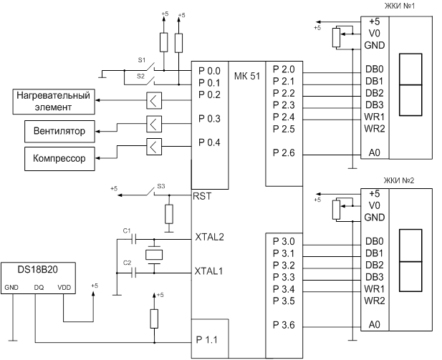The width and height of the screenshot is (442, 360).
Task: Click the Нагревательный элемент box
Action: [53, 101]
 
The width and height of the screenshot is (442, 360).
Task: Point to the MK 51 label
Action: [247, 76]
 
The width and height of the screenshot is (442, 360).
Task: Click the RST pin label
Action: [203, 195]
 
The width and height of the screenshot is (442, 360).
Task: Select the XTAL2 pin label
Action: [209, 236]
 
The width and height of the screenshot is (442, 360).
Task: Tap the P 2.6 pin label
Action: [284, 153]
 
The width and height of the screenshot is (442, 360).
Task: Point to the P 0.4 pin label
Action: [210, 142]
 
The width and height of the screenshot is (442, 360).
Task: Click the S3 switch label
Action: [161, 186]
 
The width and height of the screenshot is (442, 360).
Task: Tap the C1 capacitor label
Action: [127, 230]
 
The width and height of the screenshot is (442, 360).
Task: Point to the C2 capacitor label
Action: [127, 263]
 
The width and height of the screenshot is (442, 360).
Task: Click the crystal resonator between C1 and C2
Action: [154, 254]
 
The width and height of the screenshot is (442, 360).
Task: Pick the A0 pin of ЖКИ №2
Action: [373, 325]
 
